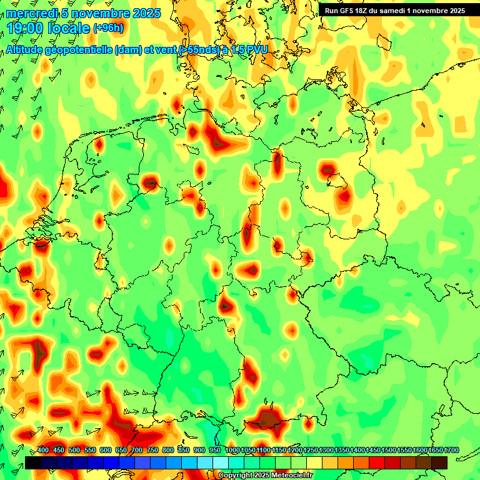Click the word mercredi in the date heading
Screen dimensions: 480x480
[x=31, y=13]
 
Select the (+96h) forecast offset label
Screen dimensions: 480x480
[x=107, y=27]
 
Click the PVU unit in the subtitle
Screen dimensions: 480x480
[x=256, y=49]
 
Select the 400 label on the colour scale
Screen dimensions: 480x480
[x=43, y=451]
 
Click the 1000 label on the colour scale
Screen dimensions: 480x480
[x=232, y=451]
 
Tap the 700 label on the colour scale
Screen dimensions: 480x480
[x=137, y=451]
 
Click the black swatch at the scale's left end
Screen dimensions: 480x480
[x=32, y=462]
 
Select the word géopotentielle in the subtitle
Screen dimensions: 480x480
[x=81, y=50]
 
